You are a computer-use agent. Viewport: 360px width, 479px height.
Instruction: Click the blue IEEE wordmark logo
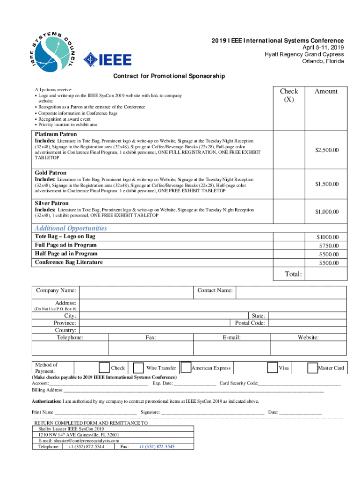(108, 59)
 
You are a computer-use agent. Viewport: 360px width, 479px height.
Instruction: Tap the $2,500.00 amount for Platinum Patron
(326, 150)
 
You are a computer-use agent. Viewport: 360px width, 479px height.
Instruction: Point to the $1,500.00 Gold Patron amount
(326, 184)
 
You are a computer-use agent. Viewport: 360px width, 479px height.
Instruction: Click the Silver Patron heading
(51, 203)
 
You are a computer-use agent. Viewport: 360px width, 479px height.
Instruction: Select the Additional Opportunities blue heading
(71, 228)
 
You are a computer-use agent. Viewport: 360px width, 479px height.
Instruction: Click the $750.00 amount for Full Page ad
(329, 246)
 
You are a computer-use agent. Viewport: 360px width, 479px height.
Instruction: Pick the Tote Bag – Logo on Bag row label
(65, 237)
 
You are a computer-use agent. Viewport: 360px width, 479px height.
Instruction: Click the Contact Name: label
(215, 290)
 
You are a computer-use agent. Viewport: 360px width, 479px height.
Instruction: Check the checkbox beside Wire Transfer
(138, 368)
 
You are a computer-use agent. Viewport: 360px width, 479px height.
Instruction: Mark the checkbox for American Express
(186, 368)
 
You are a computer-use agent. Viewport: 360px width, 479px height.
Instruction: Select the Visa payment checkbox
(272, 368)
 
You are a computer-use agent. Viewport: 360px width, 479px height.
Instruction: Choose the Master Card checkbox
(312, 368)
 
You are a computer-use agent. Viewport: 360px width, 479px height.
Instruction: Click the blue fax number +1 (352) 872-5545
(156, 447)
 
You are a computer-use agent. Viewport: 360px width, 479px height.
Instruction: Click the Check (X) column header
(288, 95)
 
